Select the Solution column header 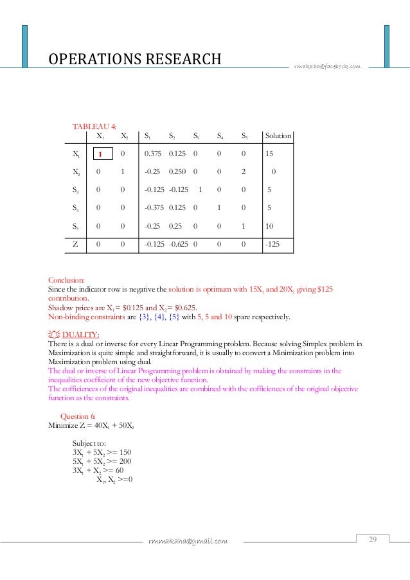point(278,136)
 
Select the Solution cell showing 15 point(269,154)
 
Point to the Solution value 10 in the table point(269,226)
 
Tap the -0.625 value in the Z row point(179,245)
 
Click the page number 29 point(372,539)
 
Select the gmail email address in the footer point(188,541)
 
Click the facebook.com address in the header point(327,66)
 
